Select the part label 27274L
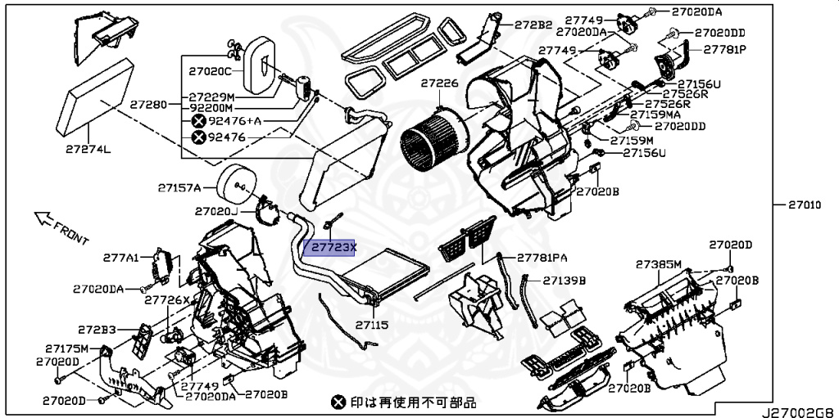pyautogui.click(x=89, y=150)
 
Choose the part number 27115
pyautogui.click(x=371, y=326)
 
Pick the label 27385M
pyautogui.click(x=660, y=264)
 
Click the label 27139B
pyautogui.click(x=565, y=281)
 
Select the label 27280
pyautogui.click(x=148, y=106)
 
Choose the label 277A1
pyautogui.click(x=120, y=258)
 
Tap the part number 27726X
pyautogui.click(x=167, y=300)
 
